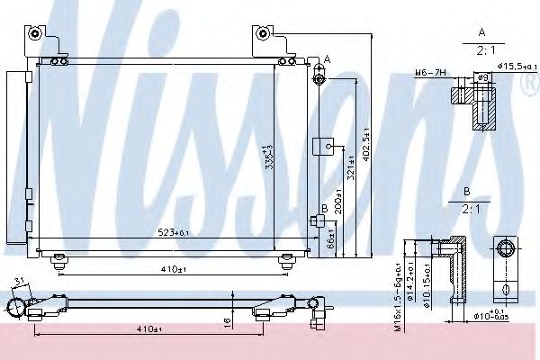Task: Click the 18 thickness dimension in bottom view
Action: click(229, 319)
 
